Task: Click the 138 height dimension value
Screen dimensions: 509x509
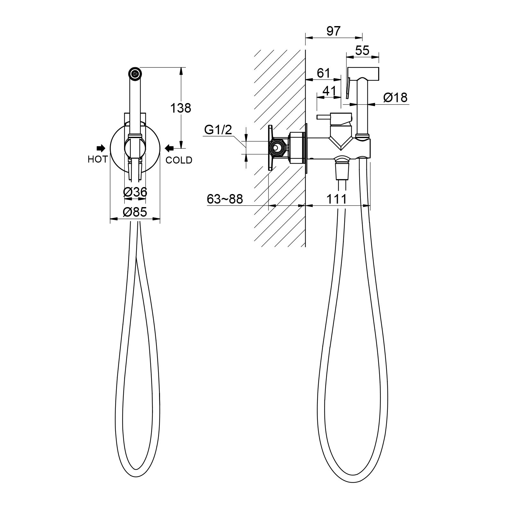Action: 180,108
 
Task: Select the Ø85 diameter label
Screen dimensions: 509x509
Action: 135,212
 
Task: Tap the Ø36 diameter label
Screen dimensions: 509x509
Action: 135,192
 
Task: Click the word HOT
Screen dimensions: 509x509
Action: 98,159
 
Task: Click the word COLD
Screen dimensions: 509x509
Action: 179,160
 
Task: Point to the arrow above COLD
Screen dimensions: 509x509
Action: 169,148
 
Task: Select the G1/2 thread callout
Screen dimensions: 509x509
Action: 218,130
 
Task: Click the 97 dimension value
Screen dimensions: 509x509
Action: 334,31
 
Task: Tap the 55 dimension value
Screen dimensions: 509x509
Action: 362,50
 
